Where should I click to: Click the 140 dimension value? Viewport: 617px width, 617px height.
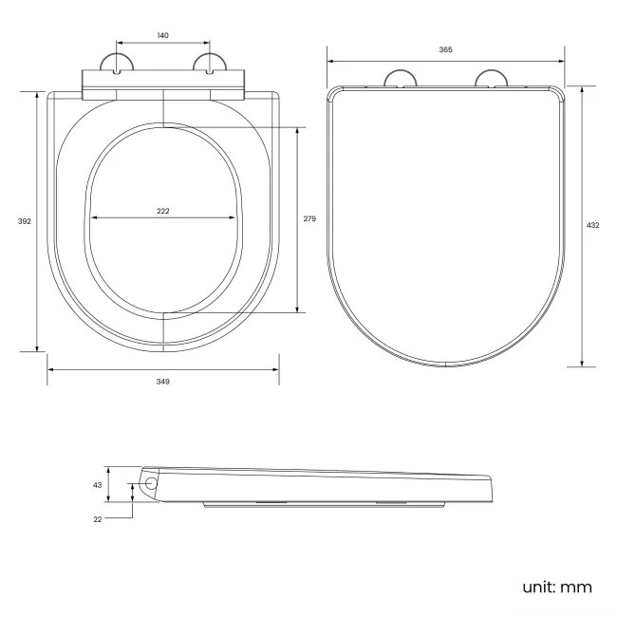[x=162, y=35]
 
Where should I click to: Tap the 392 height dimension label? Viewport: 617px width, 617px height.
[x=25, y=221]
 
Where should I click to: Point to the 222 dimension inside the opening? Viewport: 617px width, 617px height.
[x=163, y=211]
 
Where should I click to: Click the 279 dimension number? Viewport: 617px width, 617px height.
[x=308, y=218]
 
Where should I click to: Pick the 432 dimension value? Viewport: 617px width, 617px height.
[x=592, y=225]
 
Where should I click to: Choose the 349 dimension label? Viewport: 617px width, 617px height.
[x=163, y=381]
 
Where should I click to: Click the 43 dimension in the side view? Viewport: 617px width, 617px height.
[x=97, y=484]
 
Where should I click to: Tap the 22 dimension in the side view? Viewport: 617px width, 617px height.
[x=97, y=519]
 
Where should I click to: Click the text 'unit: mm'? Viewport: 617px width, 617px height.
[x=557, y=586]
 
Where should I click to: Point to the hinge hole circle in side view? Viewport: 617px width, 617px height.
[x=151, y=483]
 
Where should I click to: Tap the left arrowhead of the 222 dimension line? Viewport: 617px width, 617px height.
[x=94, y=218]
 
